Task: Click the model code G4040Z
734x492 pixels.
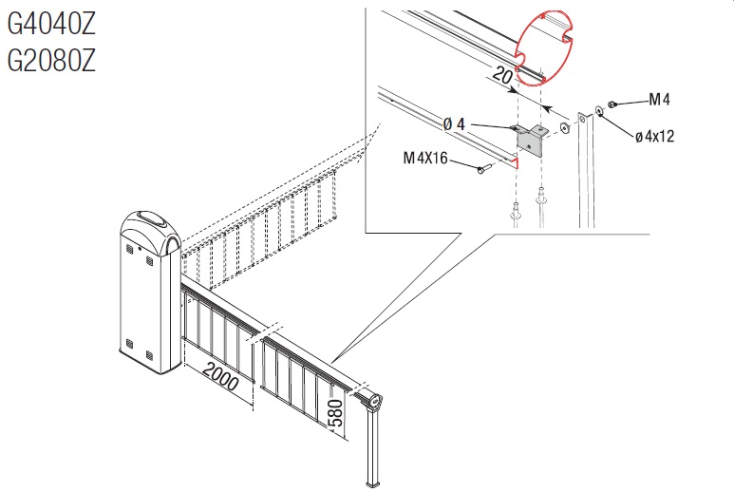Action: pos(51,24)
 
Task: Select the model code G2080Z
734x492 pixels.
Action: pos(51,60)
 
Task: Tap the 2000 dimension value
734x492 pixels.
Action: pos(221,377)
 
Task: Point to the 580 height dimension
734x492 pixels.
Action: pos(336,413)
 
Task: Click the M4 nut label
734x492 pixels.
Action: pos(659,99)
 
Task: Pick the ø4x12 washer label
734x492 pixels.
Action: pos(655,136)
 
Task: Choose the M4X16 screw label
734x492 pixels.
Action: pos(425,159)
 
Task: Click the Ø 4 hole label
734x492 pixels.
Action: pos(454,124)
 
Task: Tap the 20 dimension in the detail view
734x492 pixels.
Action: pos(502,75)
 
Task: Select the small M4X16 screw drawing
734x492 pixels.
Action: pos(484,168)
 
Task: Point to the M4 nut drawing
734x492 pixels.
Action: pos(611,104)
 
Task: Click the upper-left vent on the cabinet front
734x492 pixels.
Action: pos(129,249)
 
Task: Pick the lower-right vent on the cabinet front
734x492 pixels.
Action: pos(150,355)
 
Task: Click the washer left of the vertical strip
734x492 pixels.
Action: pos(564,127)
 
